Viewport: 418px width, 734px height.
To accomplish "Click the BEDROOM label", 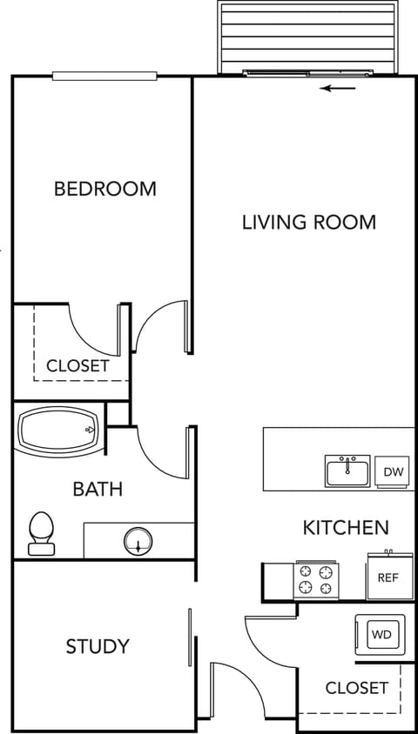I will (x=105, y=188).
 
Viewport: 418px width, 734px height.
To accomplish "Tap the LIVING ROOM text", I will (x=308, y=222).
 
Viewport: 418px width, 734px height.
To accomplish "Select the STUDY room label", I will (x=98, y=646).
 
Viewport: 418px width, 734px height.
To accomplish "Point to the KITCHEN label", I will (x=345, y=527).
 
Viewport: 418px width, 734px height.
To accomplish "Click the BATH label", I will (x=98, y=489).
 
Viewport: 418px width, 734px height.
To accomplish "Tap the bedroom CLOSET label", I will (x=78, y=365).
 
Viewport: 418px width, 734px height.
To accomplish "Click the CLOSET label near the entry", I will (x=356, y=688).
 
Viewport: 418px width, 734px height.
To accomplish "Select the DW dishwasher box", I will (x=394, y=472).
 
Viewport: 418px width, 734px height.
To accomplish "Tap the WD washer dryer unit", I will (x=381, y=635).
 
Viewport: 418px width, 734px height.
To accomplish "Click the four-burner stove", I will (x=316, y=580).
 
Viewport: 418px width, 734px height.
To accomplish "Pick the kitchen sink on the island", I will (x=347, y=471).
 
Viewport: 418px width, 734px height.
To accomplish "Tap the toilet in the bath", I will (x=40, y=533).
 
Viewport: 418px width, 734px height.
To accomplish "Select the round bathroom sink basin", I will (x=137, y=541).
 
